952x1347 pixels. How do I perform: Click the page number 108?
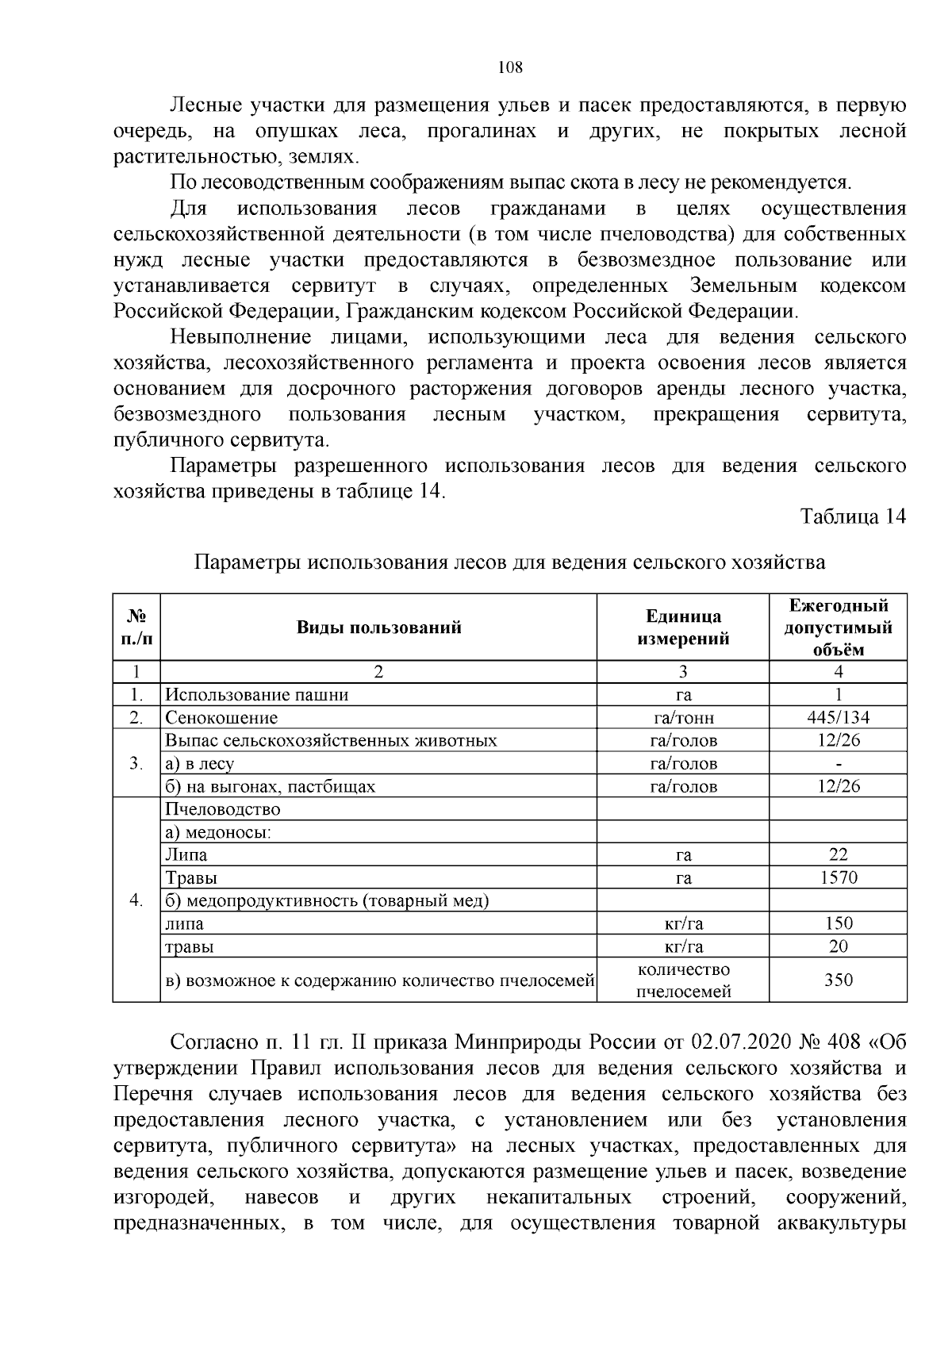coord(510,67)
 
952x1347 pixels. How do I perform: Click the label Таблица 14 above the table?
coord(853,517)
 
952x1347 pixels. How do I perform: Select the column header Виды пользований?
coord(378,627)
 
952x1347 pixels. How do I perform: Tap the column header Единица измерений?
coord(682,627)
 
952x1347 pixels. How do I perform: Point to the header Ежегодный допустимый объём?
coord(838,627)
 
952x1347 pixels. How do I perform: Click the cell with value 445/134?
coord(838,718)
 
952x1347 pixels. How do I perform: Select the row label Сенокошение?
coord(221,718)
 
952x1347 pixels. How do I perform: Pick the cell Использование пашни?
coord(257,695)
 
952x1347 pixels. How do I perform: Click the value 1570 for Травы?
coord(838,877)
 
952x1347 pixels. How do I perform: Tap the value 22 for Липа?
coord(838,854)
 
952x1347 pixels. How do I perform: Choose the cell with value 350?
coord(838,980)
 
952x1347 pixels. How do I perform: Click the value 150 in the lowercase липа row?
coord(838,923)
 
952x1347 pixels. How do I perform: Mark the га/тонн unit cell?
coord(682,718)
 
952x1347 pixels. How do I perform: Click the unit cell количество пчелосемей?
coord(682,981)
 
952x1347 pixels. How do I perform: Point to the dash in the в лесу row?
coord(839,764)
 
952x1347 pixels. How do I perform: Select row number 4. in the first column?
coord(136,900)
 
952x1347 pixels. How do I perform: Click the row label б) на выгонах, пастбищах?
coord(270,787)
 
